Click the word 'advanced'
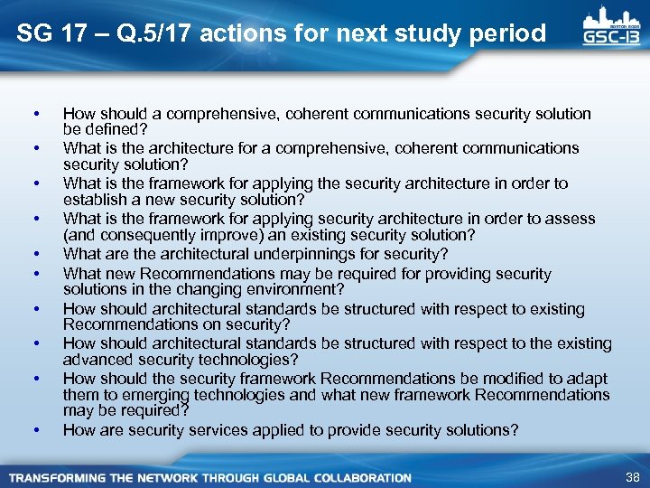click(96, 360)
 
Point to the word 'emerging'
click(139, 395)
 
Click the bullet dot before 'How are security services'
click(34, 430)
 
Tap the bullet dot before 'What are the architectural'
click(34, 254)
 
